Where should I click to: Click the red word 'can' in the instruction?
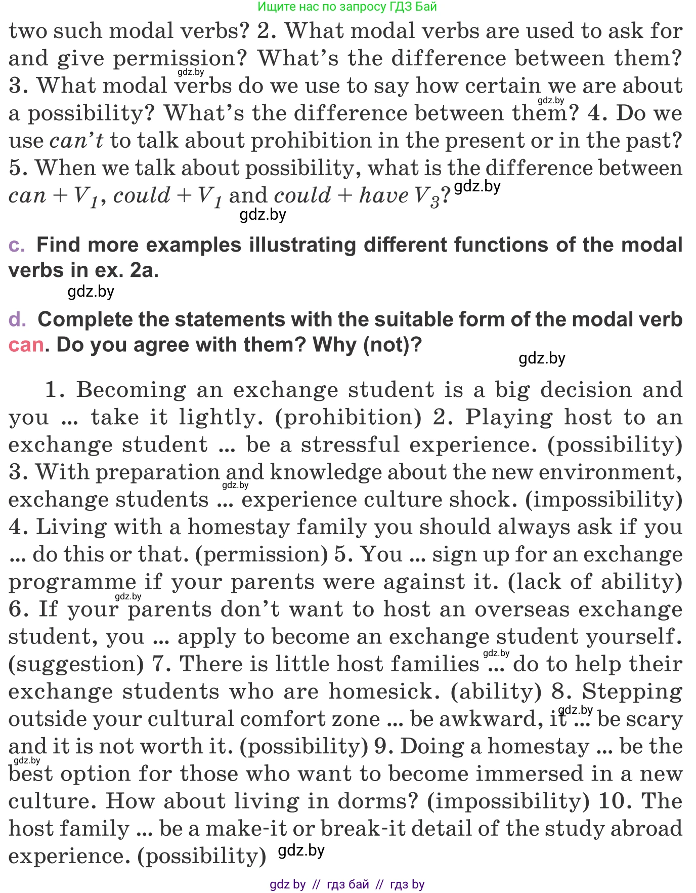(26, 345)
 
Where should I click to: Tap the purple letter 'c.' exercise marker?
(17, 246)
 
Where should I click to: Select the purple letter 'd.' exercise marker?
(17, 320)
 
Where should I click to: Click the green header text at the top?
(347, 7)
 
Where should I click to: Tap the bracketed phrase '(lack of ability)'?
(595, 582)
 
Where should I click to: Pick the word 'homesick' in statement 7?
(384, 692)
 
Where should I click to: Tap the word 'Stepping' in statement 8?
(632, 692)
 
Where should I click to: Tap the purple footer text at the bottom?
(347, 884)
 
